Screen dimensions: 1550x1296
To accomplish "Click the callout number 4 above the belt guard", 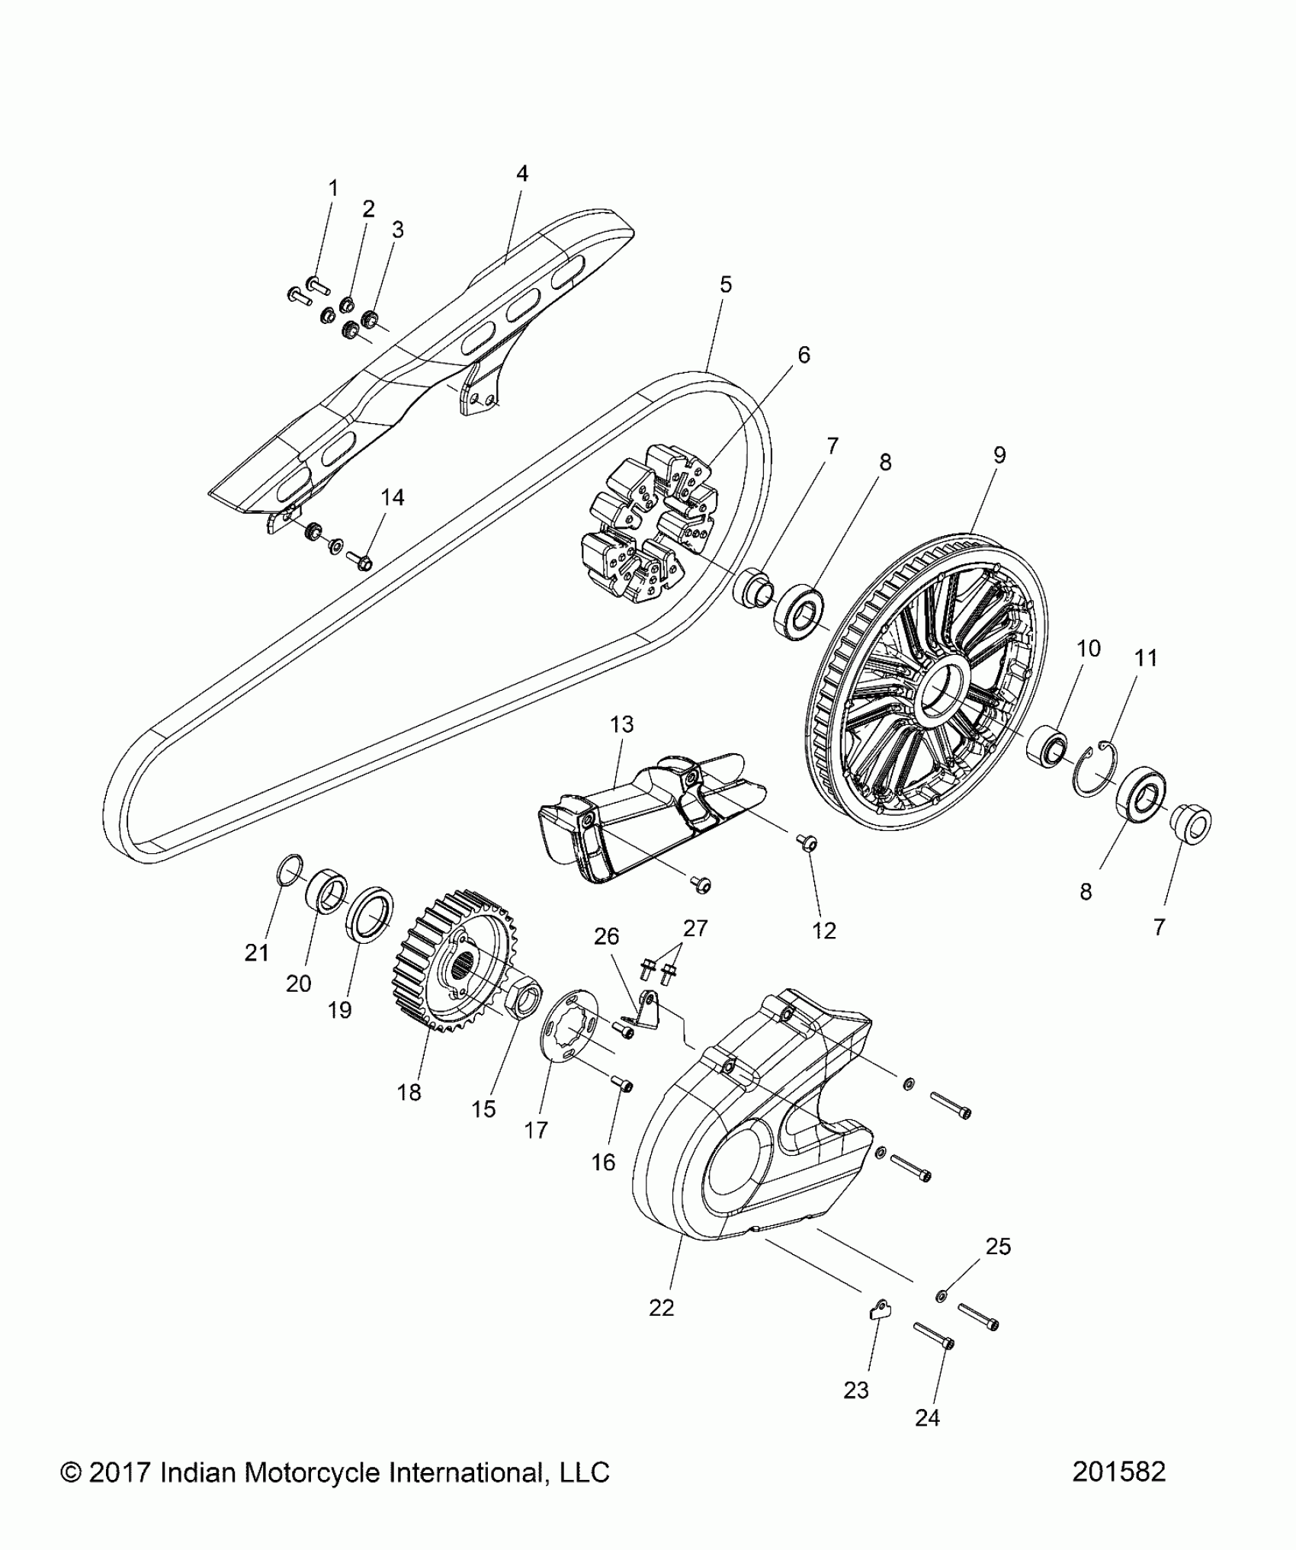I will (521, 174).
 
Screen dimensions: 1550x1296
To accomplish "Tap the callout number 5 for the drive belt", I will (725, 284).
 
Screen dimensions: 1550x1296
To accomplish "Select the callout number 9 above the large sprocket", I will (999, 455).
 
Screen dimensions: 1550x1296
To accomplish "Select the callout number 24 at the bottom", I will (927, 1418).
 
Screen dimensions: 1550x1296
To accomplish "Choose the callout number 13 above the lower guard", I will (622, 724).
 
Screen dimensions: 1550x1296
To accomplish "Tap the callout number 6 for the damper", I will (804, 355).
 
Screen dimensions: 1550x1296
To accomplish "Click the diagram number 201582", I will (1118, 1493).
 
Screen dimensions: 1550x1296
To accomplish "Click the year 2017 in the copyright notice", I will (122, 1494).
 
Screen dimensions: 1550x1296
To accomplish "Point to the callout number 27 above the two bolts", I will (695, 928).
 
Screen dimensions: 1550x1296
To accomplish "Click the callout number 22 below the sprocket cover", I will (662, 1308).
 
